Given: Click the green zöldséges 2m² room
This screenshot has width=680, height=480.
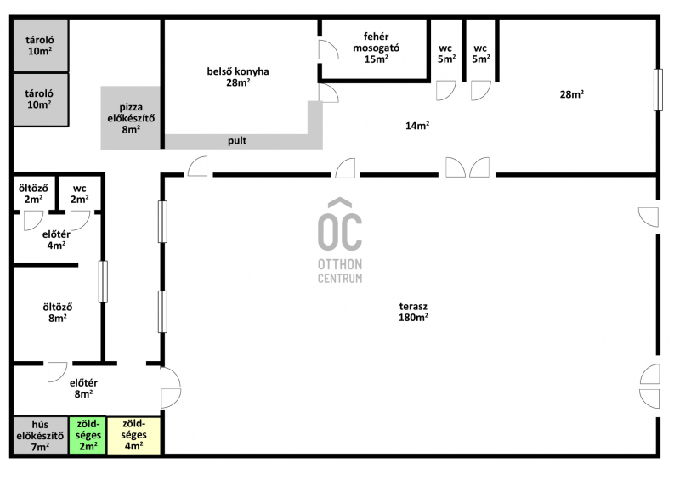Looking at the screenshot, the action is (88, 435).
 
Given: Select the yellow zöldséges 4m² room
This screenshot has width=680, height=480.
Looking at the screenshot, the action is (134, 435).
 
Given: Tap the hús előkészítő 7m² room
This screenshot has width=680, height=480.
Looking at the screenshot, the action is (40, 435).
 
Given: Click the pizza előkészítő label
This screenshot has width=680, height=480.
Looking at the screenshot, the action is (131, 118).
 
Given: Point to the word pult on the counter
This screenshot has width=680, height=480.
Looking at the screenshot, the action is (237, 141).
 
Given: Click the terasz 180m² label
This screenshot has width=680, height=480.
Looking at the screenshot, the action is (413, 312).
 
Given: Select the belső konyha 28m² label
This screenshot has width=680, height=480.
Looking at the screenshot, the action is (238, 76).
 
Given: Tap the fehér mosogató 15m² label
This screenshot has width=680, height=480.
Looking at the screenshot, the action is (376, 48).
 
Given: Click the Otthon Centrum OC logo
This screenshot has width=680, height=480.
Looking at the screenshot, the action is (340, 240).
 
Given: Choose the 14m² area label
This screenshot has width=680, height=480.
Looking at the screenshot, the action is (417, 126).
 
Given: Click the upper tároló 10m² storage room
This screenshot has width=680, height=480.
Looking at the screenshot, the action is (41, 45).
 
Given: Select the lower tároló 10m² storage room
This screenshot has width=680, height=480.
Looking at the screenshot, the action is (41, 99).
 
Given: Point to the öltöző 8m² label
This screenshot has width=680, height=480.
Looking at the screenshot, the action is (58, 313).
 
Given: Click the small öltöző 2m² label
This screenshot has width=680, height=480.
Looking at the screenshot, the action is (33, 194).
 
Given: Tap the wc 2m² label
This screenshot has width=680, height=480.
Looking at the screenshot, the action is (80, 194).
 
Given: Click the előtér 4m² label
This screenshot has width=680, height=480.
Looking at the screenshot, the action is (56, 240).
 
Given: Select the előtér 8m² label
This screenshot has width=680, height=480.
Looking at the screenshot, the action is (83, 388).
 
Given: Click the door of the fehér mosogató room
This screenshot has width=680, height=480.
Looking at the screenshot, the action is (328, 49).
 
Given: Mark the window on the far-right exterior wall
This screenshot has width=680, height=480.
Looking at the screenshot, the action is (658, 90).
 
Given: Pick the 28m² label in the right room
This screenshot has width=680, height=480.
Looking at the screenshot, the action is (571, 94).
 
